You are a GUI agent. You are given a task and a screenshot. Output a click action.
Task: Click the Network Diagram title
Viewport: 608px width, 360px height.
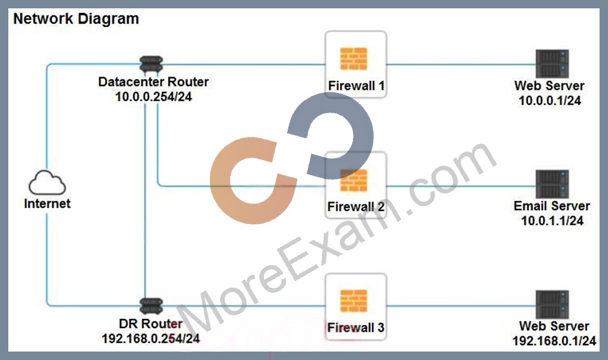76,18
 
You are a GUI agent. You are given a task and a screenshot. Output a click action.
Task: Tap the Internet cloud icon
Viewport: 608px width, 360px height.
47,183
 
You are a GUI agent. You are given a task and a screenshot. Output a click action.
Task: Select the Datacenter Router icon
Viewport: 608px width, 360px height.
151,65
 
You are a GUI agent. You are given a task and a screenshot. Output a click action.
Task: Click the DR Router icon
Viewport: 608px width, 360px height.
151,306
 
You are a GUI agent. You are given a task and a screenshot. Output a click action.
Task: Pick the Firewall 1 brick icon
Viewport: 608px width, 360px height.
354,59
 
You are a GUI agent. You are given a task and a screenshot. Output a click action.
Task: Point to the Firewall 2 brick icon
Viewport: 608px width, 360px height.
354,180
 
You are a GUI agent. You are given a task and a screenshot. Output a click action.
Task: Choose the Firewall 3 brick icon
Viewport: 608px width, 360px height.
354,301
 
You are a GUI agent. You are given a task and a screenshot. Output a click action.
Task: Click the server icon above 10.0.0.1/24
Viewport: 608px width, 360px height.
552,63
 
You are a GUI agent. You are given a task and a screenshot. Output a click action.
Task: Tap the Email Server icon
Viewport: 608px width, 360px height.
552,184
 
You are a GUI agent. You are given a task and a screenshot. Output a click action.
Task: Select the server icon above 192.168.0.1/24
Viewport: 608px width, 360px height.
552,305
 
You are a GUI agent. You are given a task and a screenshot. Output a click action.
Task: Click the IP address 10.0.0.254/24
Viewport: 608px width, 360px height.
154,97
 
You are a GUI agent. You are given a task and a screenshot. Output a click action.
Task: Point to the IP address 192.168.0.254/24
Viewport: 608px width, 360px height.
151,339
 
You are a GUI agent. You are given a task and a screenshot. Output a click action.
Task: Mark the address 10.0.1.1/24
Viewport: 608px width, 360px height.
552,221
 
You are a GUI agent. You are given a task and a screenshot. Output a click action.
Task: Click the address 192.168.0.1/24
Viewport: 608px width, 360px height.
554,341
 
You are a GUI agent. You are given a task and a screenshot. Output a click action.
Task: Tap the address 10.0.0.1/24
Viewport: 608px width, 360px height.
550,101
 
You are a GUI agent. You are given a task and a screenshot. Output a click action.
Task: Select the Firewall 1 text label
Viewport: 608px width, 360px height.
356,85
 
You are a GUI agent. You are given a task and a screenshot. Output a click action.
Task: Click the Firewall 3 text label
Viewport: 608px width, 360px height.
356,327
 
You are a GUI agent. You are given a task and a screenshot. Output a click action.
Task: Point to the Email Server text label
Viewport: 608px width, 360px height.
552,206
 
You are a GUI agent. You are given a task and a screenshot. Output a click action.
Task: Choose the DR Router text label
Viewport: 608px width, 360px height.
151,324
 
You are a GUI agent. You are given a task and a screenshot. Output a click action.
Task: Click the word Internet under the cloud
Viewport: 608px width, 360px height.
47,203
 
